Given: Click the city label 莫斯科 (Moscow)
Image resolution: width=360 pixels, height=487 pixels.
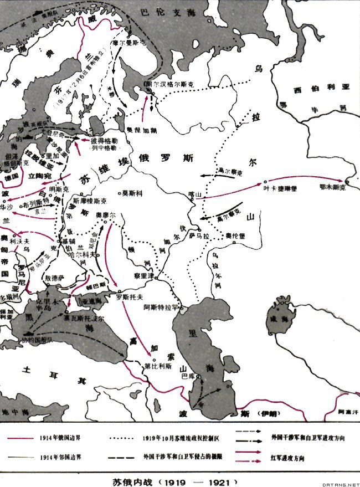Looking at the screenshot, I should (133, 193).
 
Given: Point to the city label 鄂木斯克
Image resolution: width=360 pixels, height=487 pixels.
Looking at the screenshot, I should (332, 188).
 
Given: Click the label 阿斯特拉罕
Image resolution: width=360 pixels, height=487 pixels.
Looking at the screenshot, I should (160, 306).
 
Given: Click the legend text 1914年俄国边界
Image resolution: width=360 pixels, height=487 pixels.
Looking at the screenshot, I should (61, 437).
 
